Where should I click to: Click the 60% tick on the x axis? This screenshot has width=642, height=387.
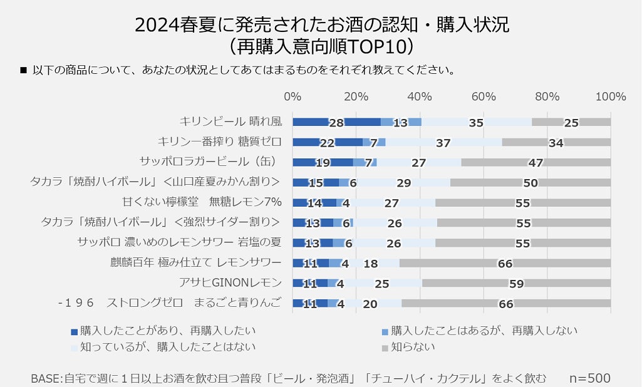click(483, 96)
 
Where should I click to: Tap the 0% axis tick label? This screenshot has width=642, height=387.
click(293, 96)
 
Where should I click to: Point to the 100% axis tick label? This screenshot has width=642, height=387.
click(611, 96)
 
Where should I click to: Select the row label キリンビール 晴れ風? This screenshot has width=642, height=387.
click(230, 121)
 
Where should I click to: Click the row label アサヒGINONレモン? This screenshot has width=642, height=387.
click(230, 282)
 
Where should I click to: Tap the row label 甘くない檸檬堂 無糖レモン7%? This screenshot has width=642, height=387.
click(202, 202)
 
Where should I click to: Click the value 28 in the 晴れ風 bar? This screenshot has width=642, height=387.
click(336, 123)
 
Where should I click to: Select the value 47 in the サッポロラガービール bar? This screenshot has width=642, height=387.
click(536, 163)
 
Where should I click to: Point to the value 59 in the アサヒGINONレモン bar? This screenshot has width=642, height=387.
click(516, 284)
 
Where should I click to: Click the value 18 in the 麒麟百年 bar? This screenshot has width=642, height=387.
click(371, 264)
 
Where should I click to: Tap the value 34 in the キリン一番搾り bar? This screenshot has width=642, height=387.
click(556, 143)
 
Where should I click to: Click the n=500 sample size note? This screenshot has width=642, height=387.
click(589, 378)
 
